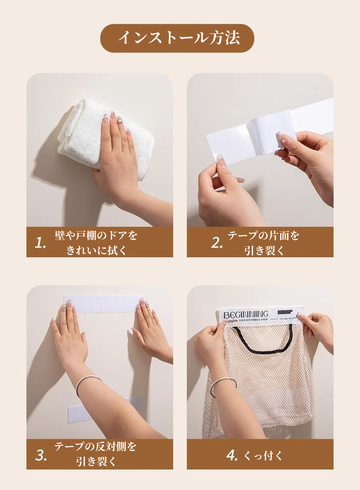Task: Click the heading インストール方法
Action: pyautogui.click(x=178, y=38)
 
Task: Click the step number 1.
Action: pyautogui.click(x=41, y=243)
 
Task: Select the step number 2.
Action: pyautogui.click(x=216, y=243)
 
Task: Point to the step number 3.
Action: pyautogui.click(x=41, y=455)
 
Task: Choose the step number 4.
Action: pyautogui.click(x=232, y=455)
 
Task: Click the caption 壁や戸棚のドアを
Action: pyautogui.click(x=96, y=235)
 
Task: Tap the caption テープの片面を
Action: pyautogui.click(x=263, y=235)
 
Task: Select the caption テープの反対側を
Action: pyautogui.click(x=96, y=447)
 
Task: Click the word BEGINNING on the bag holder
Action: pyautogui.click(x=246, y=314)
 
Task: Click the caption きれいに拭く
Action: pyautogui.click(x=96, y=250)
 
